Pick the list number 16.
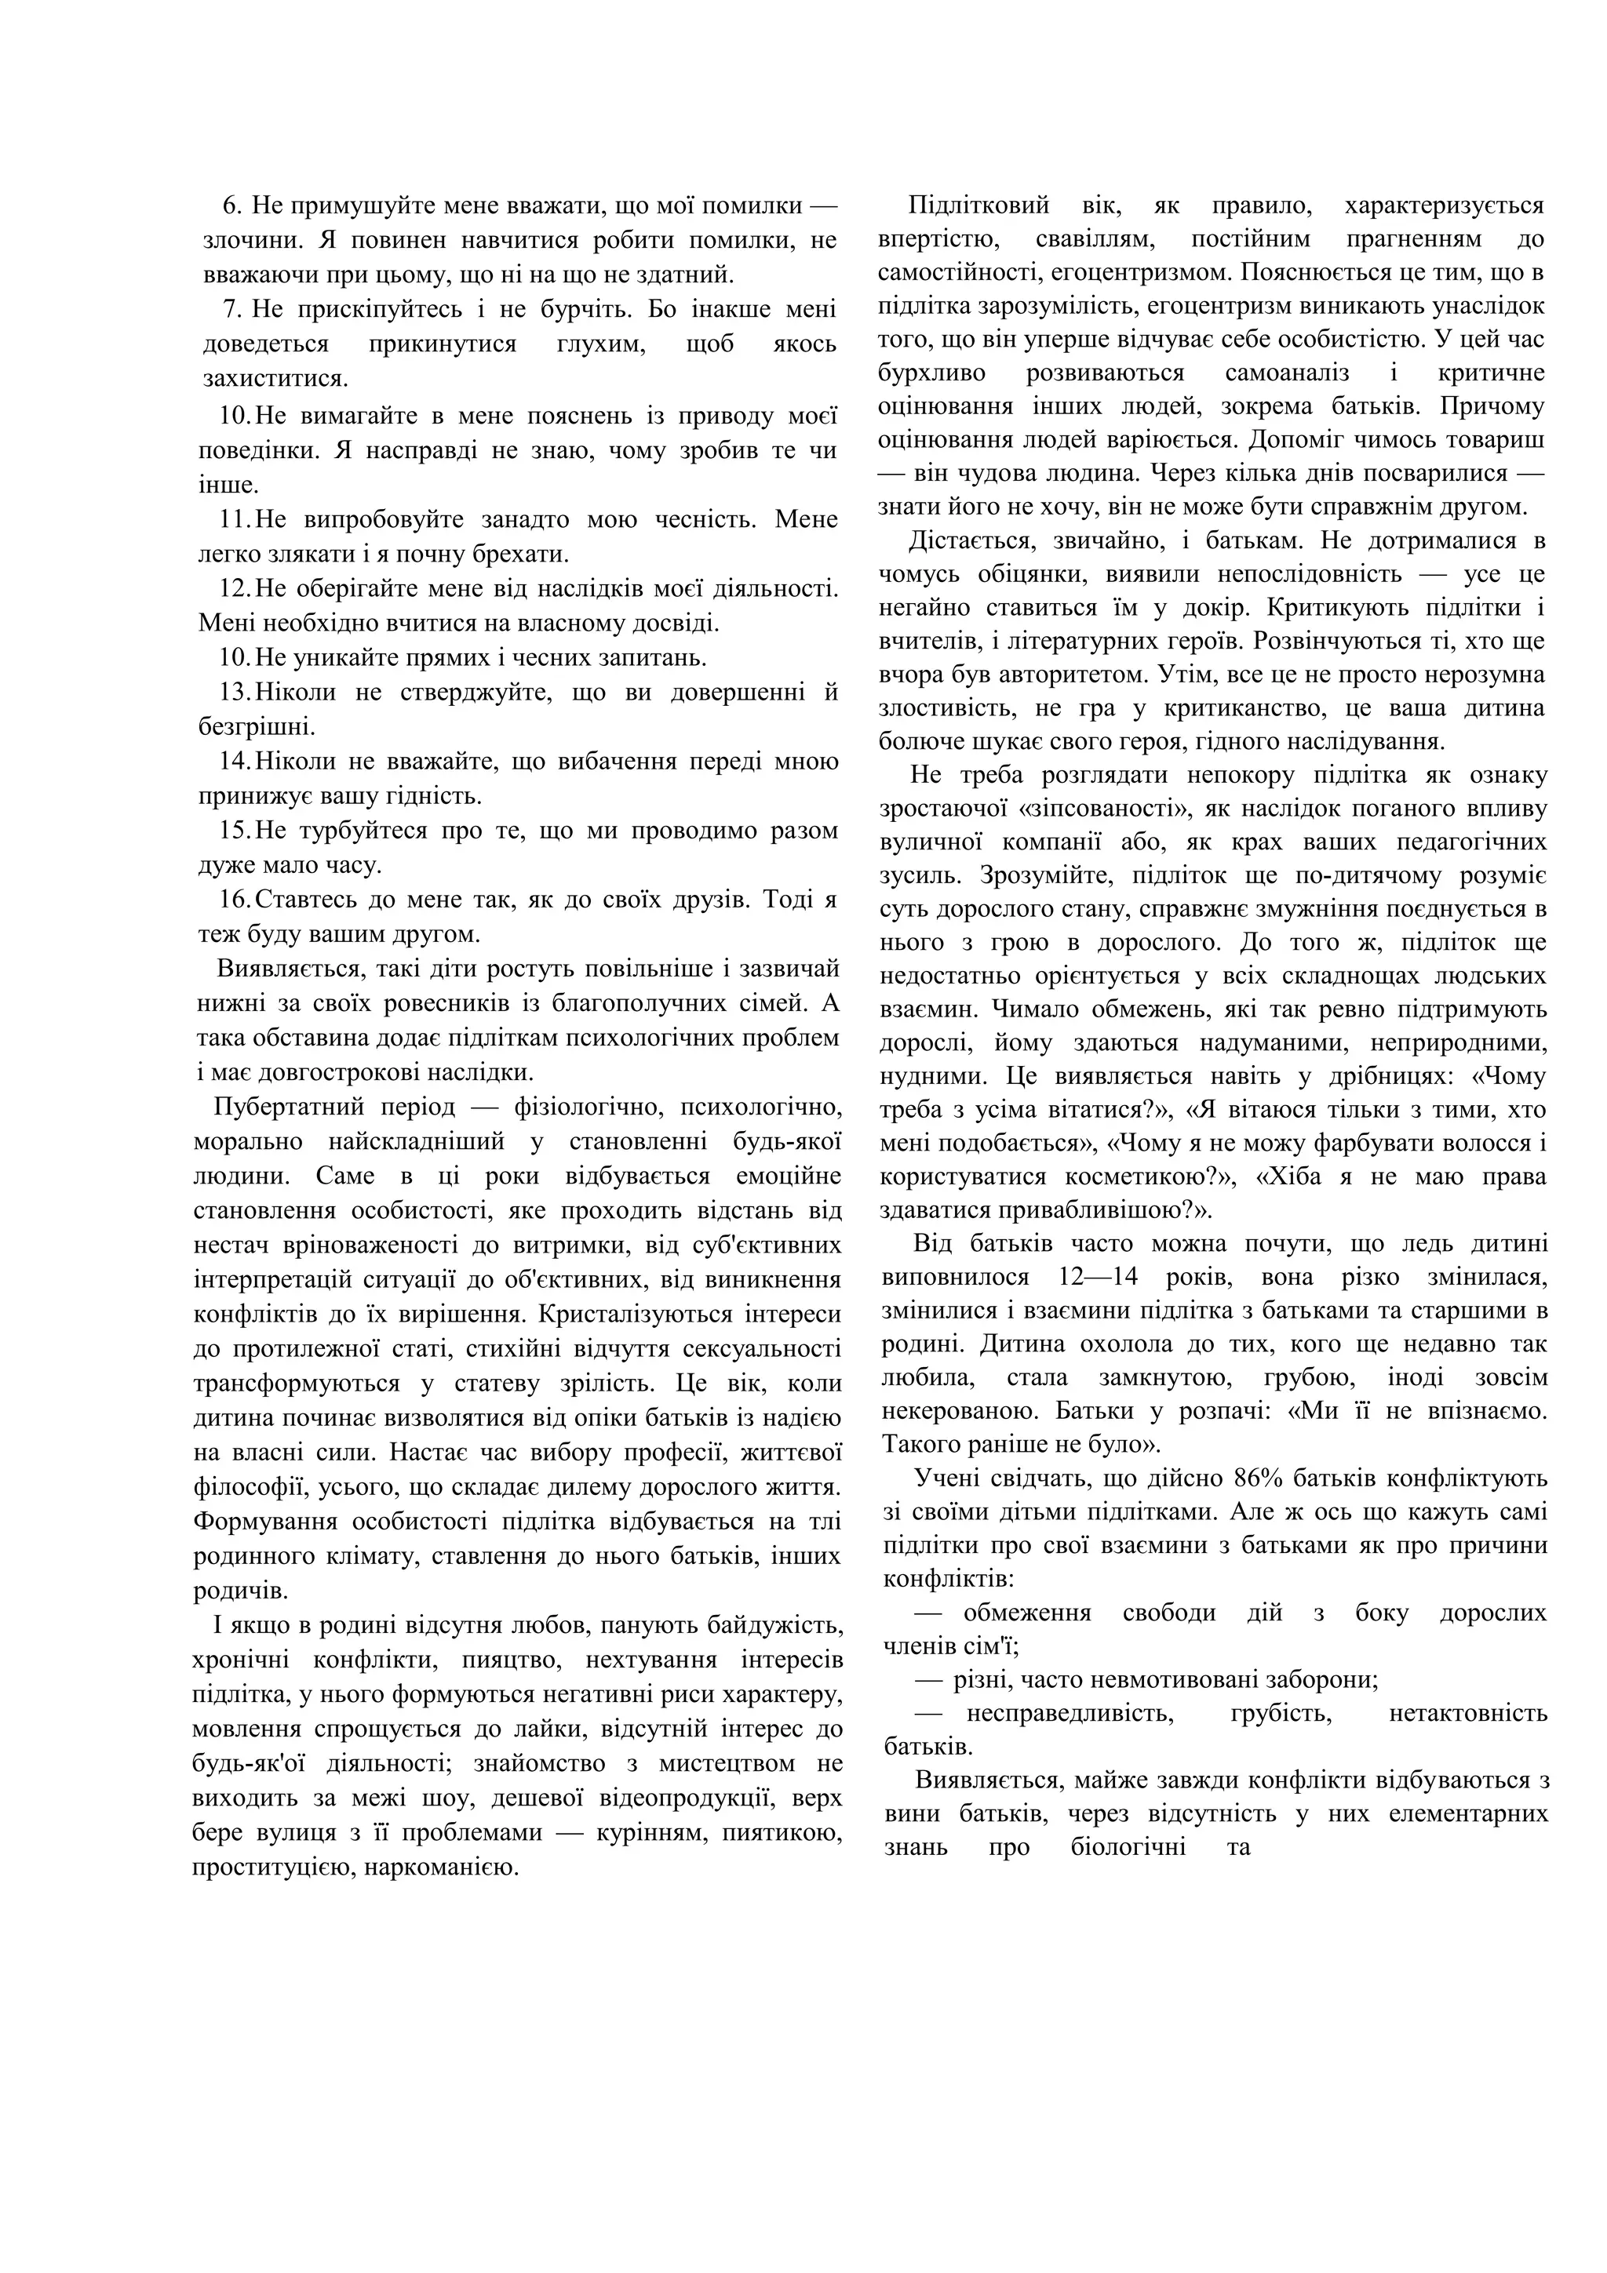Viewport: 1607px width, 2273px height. pyautogui.click(x=238, y=899)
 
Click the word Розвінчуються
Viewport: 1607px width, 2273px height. pyautogui.click(x=1349, y=641)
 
